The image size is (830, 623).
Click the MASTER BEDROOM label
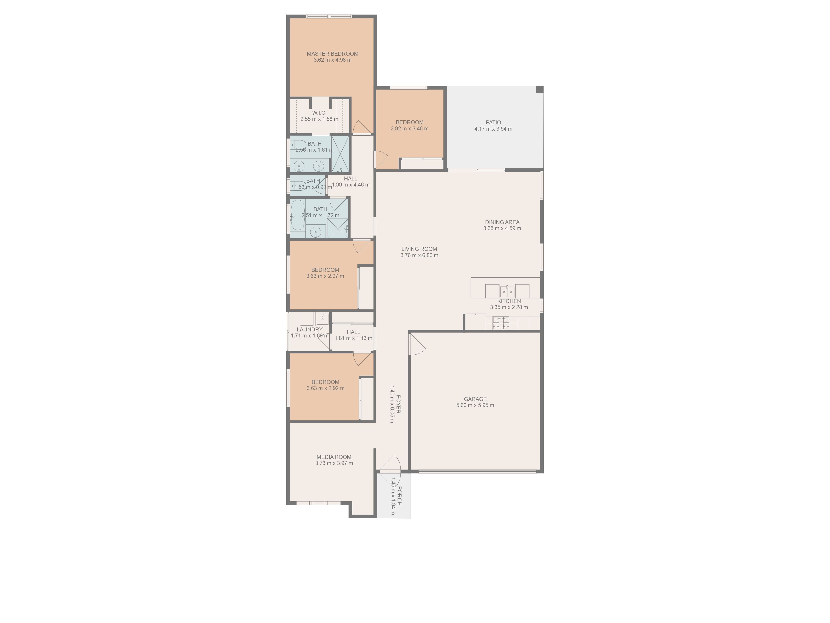pos(332,54)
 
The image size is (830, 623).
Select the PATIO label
pos(493,123)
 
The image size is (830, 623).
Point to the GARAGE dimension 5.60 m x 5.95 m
pos(475,405)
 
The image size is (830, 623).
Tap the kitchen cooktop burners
pos(501,323)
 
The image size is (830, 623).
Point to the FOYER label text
pos(398,404)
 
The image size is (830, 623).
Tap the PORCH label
pos(399,496)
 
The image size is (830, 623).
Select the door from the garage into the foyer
pos(416,345)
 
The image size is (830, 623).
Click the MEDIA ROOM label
pos(334,457)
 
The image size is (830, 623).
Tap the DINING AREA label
pos(502,222)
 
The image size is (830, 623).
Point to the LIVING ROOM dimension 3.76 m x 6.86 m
pos(419,255)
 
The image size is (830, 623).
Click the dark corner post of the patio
pos(539,89)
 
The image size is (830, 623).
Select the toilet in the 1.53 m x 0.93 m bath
pos(298,185)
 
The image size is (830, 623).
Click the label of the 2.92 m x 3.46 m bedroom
pos(409,123)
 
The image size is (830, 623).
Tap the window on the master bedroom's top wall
pos(329,16)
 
